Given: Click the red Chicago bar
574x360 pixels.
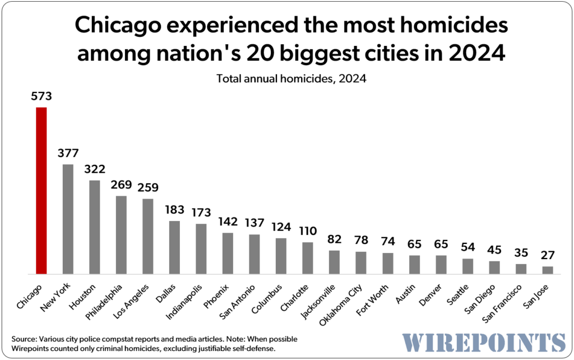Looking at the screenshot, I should pos(41,191).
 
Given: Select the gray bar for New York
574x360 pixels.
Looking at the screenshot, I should pos(68,219).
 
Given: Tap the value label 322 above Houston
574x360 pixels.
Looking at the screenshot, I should pos(95,169).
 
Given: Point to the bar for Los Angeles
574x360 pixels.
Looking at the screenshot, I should pos(148,236).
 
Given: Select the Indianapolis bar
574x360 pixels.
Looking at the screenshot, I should pos(201,249).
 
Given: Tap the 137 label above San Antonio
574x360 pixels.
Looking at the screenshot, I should pos(254,223).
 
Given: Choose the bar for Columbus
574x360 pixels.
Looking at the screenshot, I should pos(281,256).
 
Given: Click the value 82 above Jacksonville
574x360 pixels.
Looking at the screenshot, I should pos(334,239).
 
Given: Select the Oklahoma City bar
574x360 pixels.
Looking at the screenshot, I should pos(361,262).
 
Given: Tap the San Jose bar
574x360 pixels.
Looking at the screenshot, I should pos(548,270).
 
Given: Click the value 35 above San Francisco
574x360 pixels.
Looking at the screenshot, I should pos(521,252).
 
